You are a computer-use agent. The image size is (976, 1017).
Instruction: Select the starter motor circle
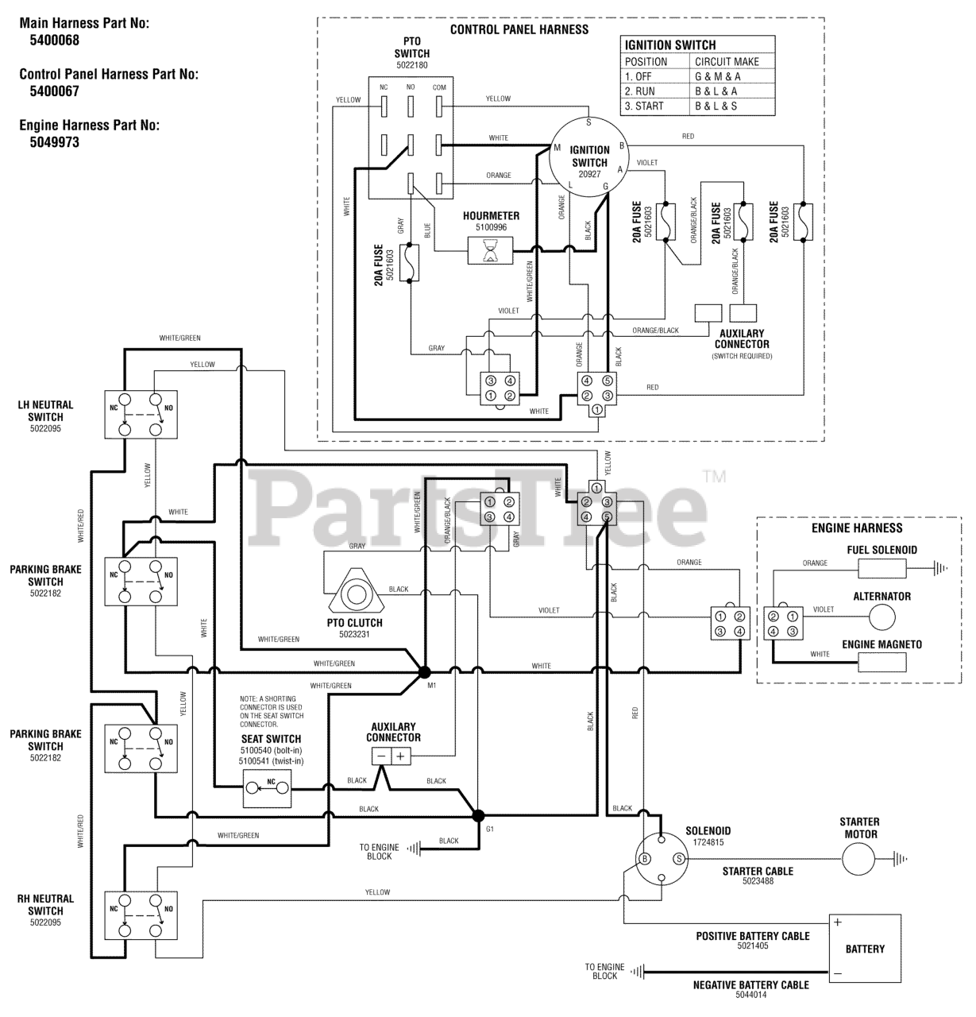[x=858, y=858]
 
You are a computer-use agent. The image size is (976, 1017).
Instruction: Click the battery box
[x=864, y=949]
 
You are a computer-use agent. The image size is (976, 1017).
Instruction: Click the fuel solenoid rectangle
[x=881, y=568]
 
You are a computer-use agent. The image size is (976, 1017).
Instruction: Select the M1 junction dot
[x=424, y=672]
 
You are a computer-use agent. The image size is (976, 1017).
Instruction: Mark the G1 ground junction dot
[x=478, y=815]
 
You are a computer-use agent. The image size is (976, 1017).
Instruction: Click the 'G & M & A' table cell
[x=718, y=77]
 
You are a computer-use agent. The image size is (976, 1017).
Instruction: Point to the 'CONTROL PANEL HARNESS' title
[x=519, y=29]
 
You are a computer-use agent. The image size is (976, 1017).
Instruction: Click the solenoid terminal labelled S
[x=678, y=858]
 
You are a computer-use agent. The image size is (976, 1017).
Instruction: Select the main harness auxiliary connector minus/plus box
[x=390, y=756]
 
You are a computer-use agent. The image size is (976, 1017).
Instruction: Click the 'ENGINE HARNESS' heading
[x=857, y=528]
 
